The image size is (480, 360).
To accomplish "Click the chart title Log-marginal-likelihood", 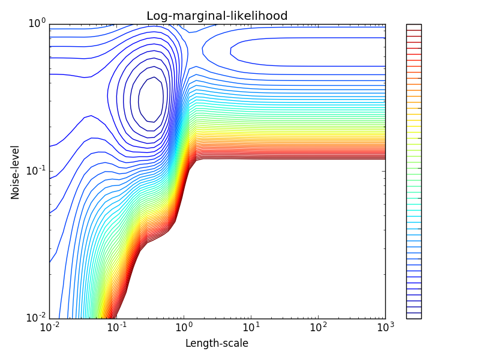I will coord(217,16).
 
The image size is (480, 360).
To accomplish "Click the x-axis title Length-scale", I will coord(217,343).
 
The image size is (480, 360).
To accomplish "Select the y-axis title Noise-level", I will coord(16,172).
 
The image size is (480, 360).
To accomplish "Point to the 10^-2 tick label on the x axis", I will coord(50,328).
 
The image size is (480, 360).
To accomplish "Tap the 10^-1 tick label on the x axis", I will coord(117,328).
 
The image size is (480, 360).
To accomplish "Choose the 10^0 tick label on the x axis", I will coord(184,328).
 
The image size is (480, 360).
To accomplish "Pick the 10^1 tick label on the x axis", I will coord(251,328).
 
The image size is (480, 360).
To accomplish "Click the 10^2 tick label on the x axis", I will coord(319,328).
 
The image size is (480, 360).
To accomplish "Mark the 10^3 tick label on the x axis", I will coord(385,328).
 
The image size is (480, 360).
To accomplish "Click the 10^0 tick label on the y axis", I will coord(37,23).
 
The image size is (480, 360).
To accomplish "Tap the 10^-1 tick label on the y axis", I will coord(35,170).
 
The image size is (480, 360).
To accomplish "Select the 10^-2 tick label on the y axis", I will coord(35,317).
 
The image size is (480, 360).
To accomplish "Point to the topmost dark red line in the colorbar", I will coord(413,30).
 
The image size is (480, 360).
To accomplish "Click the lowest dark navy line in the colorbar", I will coord(413,313).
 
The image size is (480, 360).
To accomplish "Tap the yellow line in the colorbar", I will coord(413,114).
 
